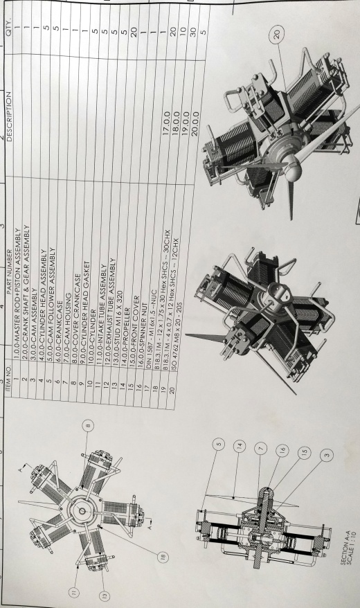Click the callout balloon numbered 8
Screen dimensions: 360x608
click(x=88, y=425)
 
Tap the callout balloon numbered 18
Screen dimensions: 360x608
click(x=163, y=557)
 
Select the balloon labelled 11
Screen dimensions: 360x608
click(x=73, y=591)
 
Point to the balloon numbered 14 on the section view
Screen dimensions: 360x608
click(x=240, y=446)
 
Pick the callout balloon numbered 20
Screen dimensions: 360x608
click(x=277, y=35)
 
